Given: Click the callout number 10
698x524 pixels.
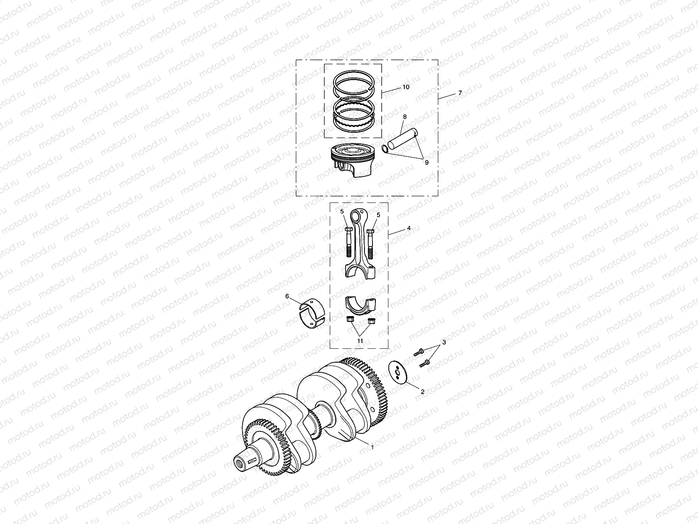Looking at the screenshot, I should (x=406, y=87).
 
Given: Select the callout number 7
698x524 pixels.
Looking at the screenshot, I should (x=460, y=93).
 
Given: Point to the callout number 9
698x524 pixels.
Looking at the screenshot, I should (x=427, y=163).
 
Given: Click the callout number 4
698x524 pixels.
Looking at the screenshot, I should (x=408, y=228).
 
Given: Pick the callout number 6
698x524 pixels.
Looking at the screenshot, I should (x=287, y=296).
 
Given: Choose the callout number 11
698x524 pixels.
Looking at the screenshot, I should (x=360, y=340).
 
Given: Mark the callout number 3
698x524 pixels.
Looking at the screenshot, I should (x=444, y=342).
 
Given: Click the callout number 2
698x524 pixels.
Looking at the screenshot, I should (x=422, y=392).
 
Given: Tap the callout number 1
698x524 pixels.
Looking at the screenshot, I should (x=372, y=447).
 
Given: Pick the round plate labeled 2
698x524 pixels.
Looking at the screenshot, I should (x=397, y=371).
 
